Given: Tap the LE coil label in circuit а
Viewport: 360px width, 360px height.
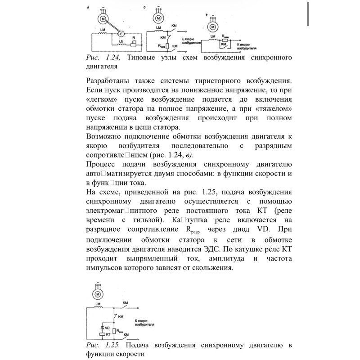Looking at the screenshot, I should [121, 41].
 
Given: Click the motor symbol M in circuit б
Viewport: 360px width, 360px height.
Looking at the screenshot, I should [158, 18].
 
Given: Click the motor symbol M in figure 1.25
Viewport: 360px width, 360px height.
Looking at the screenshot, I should [98, 294].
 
